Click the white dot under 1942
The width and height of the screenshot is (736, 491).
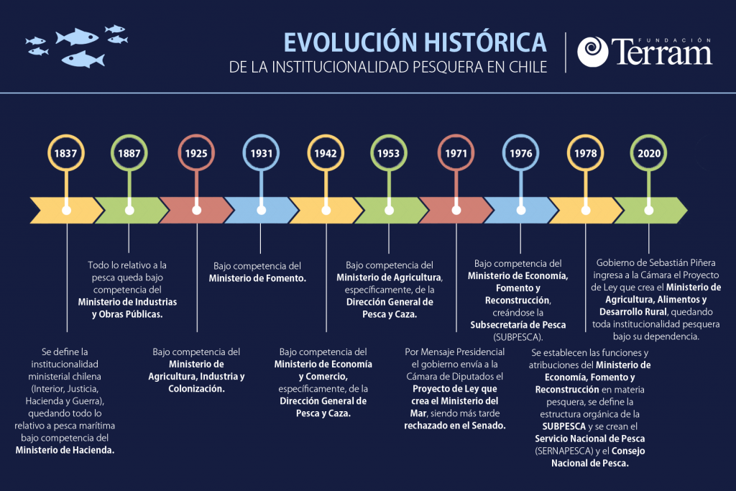pyautogui.click(x=326, y=211)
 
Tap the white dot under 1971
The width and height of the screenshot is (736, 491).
pyautogui.click(x=456, y=211)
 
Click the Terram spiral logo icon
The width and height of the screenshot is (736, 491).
pyautogui.click(x=592, y=52)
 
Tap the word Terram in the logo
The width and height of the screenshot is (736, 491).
pyautogui.click(x=662, y=52)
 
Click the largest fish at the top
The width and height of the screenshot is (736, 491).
pyautogui.click(x=77, y=37)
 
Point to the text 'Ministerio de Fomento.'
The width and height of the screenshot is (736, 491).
pyautogui.click(x=257, y=278)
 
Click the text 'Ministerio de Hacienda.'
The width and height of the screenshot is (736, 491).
pyautogui.click(x=65, y=450)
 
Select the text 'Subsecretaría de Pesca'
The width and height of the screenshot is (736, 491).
pyautogui.click(x=517, y=325)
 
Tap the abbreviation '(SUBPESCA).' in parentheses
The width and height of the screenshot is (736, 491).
pyautogui.click(x=517, y=337)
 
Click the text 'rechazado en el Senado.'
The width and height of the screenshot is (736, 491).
pyautogui.click(x=455, y=426)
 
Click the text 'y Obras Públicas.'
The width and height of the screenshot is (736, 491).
pyautogui.click(x=127, y=314)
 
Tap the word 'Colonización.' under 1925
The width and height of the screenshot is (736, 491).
pyautogui.click(x=196, y=389)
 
